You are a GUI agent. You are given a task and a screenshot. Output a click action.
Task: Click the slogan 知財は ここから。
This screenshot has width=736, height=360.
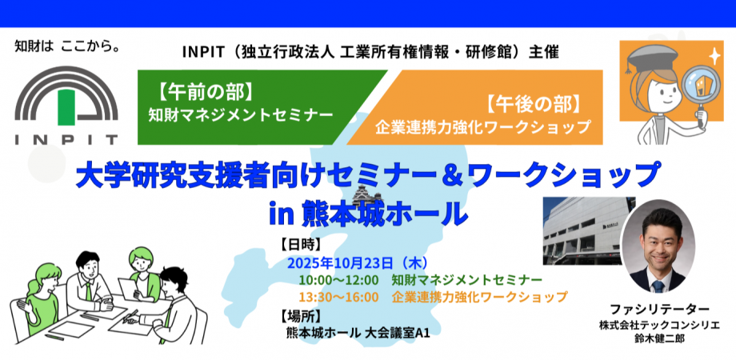tap(66, 47)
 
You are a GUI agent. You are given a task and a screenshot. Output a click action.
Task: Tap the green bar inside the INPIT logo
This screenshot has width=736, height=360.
tap(66, 107)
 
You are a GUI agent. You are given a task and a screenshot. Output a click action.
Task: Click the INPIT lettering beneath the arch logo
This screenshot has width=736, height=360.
tap(66, 139)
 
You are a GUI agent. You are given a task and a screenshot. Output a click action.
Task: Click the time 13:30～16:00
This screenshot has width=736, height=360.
tap(338, 297)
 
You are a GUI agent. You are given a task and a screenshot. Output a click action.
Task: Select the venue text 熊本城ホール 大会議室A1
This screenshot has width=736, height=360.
tap(358, 332)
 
